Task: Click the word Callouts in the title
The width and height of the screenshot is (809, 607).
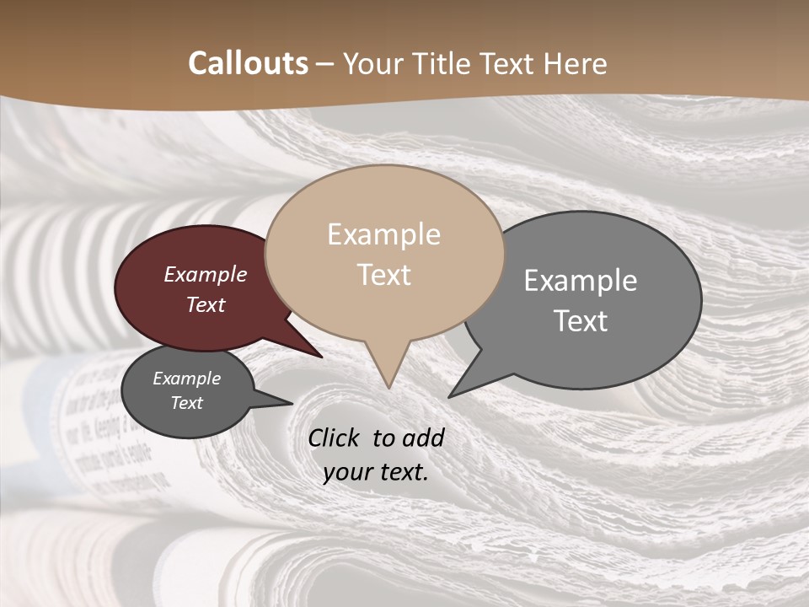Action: tap(248, 63)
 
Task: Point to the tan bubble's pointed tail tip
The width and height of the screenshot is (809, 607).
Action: tap(388, 387)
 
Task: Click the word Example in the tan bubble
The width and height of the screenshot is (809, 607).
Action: tap(383, 234)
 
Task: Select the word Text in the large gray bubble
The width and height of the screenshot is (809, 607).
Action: tap(581, 321)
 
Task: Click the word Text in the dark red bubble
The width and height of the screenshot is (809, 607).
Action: tap(206, 304)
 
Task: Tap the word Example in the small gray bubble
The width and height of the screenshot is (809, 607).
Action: tap(186, 379)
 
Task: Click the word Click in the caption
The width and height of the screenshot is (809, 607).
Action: tap(335, 438)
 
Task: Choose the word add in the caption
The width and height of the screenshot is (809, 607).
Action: tap(423, 438)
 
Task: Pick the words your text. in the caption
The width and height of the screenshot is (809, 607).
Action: tap(376, 472)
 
